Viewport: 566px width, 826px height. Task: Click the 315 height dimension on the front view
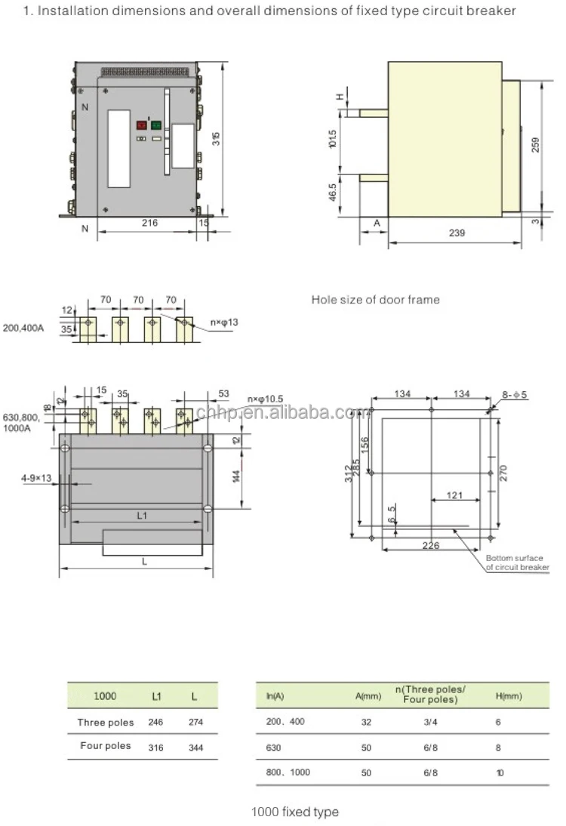point(217,140)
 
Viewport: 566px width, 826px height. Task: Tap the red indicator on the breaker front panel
point(141,126)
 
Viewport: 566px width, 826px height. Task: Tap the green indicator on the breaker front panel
point(156,126)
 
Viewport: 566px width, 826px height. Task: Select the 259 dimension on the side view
point(536,144)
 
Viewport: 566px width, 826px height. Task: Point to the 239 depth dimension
point(456,233)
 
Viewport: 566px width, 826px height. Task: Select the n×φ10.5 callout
point(265,399)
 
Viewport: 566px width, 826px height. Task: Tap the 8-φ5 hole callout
point(515,394)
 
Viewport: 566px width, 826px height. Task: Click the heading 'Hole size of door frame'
point(375,300)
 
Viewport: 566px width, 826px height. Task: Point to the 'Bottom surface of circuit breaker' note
point(517,562)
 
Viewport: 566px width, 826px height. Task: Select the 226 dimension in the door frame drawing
point(431,546)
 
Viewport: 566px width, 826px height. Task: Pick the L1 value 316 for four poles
point(155,746)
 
